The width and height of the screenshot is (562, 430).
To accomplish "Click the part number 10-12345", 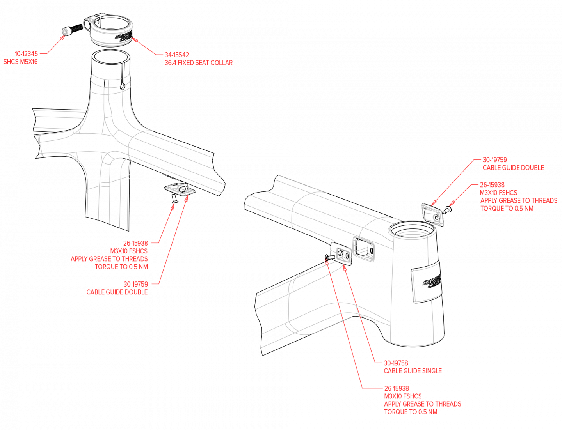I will click(26, 54).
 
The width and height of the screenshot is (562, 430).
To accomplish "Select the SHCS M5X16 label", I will click(20, 62).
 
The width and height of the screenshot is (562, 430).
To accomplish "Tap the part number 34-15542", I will click(176, 55).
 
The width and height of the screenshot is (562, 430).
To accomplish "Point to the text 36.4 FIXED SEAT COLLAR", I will click(198, 63).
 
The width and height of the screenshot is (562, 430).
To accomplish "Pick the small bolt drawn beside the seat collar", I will click(65, 32).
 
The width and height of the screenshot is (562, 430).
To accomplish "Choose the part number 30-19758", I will click(396, 363).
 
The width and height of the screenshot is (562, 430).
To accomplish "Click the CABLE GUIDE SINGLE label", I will click(413, 371).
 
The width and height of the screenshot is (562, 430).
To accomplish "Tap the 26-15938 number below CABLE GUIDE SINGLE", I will click(396, 388).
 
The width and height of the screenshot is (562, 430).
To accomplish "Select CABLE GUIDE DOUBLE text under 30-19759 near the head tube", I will click(513, 168).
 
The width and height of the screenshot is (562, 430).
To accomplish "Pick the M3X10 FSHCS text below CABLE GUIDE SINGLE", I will click(402, 396).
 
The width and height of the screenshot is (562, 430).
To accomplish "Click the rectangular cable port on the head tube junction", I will click(364, 248).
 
